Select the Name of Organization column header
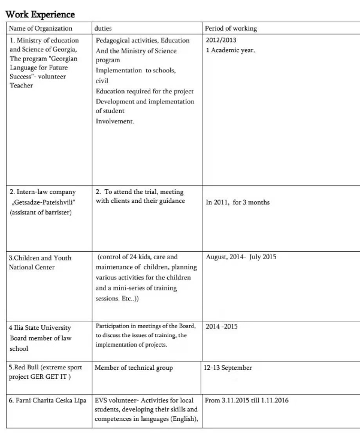tap(41, 28)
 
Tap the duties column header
tap(103, 28)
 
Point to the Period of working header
tap(231, 28)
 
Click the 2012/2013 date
tap(220, 40)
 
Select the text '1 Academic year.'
tap(231, 50)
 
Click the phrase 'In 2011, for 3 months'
tap(238, 202)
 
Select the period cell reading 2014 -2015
tap(221, 327)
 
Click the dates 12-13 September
tap(228, 368)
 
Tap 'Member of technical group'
tap(134, 368)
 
